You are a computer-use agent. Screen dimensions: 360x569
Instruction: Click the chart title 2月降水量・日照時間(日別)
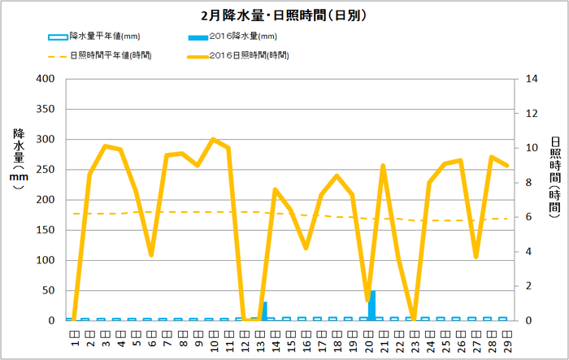(x=284, y=15)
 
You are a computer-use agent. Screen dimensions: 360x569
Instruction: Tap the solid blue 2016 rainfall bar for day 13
(x=265, y=311)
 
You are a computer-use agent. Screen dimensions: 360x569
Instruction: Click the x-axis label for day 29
(x=507, y=333)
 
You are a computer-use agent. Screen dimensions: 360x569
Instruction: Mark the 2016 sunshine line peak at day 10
(x=213, y=139)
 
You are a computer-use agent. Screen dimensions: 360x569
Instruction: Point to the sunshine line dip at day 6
(x=151, y=255)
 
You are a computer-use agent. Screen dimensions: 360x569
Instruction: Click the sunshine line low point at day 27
(x=476, y=257)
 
